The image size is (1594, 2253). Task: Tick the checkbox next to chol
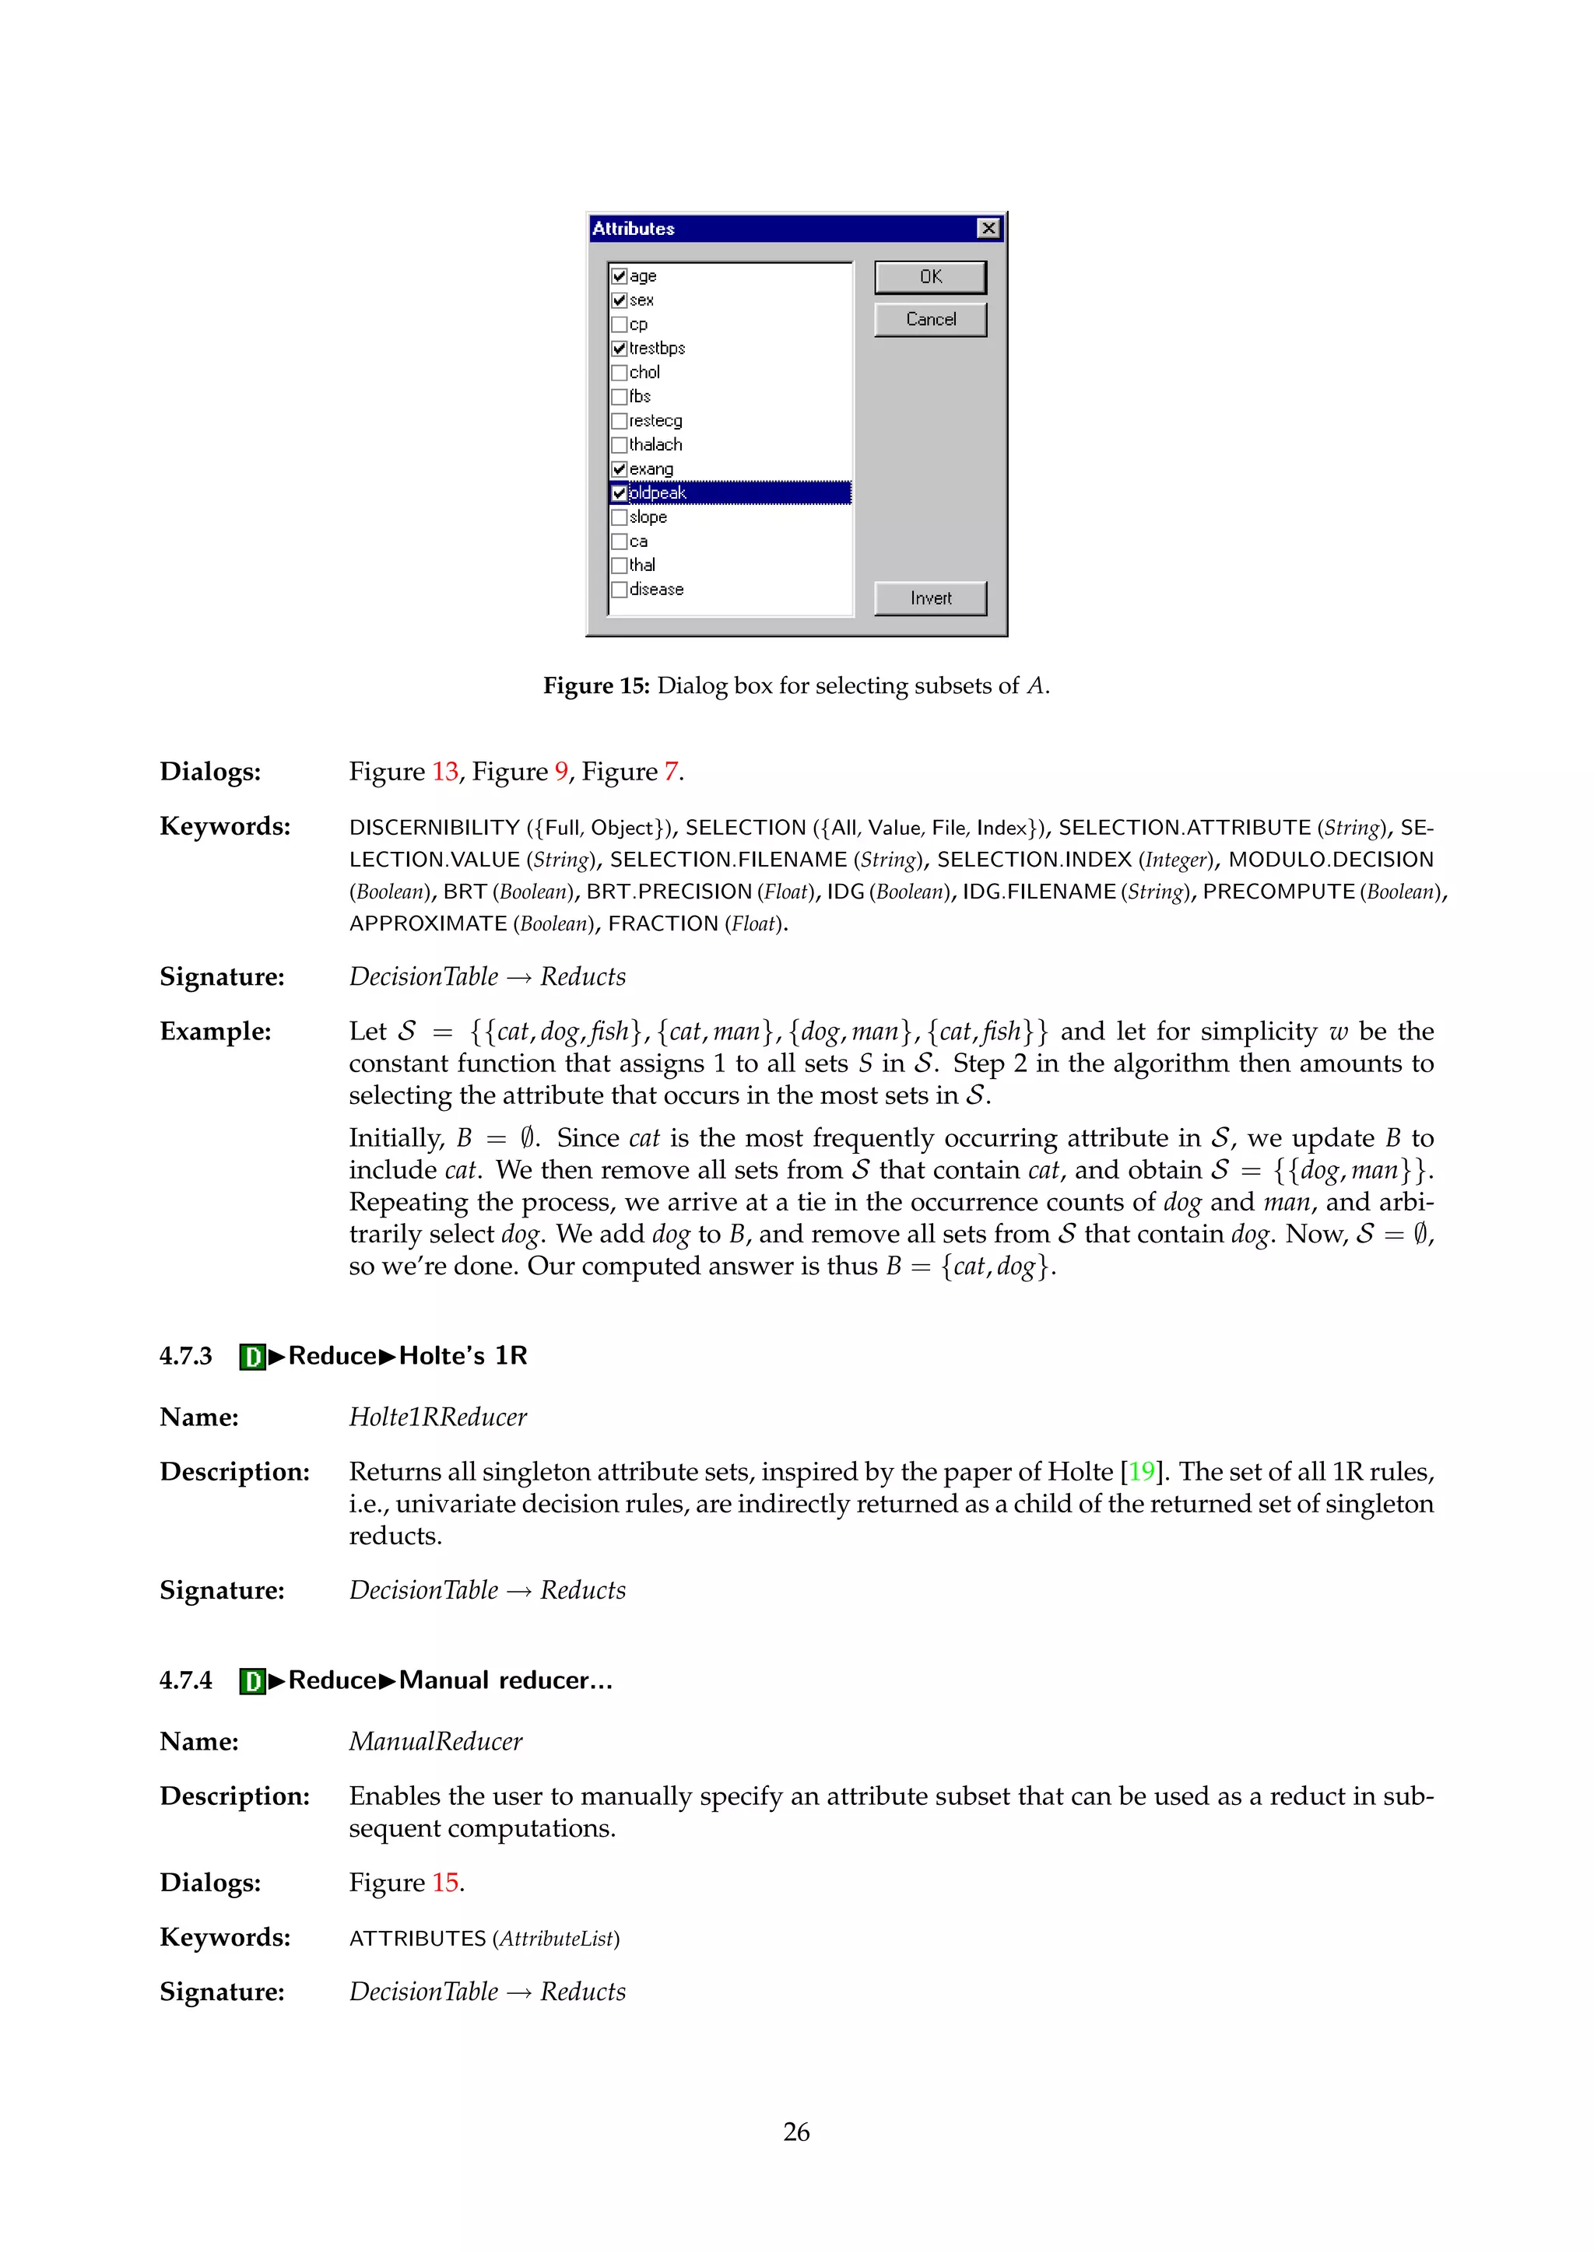(x=620, y=373)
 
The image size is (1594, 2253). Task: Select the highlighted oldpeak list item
(x=658, y=493)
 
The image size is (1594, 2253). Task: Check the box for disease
(x=620, y=590)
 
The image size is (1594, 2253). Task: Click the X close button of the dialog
(x=988, y=229)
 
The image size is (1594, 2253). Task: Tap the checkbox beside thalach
(x=620, y=446)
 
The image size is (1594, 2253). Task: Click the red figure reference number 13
(x=444, y=773)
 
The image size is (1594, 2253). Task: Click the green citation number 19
(x=1140, y=1472)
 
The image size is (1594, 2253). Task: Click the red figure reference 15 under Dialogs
(x=444, y=1883)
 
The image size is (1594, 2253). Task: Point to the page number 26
(x=796, y=2132)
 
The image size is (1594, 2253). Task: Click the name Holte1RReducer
(x=437, y=1418)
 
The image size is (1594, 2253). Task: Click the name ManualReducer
(x=436, y=1742)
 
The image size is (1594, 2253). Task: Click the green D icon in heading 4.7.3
(x=252, y=1357)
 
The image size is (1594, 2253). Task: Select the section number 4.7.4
(x=185, y=1681)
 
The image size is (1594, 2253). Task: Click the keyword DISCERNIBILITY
(x=434, y=829)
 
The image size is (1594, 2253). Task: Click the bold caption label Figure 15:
(x=595, y=686)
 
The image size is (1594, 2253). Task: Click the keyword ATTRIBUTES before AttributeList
(x=417, y=1939)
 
